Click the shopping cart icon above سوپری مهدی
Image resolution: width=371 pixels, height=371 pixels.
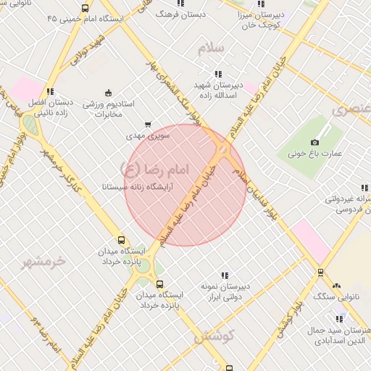coord(149,125)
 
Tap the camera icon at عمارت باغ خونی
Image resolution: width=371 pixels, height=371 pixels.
coord(314,143)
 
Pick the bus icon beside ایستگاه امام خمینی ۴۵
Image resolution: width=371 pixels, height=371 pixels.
coord(86,9)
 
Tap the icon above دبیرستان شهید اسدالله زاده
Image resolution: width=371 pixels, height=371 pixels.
coord(217,74)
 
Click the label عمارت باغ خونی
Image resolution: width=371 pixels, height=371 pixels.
coord(314,154)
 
